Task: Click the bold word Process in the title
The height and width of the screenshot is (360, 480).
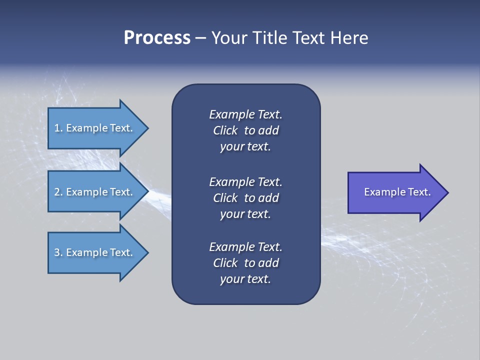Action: tap(157, 38)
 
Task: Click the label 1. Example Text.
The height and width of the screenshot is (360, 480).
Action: tap(93, 128)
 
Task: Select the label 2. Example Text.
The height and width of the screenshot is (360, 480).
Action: tap(93, 192)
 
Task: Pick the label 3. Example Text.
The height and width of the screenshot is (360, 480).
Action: tap(93, 252)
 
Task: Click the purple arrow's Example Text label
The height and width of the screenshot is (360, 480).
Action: tap(397, 192)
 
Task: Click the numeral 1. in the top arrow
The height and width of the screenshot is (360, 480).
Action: tap(58, 128)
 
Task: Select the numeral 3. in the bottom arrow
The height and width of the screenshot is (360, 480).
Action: tap(58, 252)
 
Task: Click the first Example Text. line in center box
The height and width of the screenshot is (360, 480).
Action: tap(245, 114)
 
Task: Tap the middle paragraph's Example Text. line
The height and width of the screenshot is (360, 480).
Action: tap(245, 181)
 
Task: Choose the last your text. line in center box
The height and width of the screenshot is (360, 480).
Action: tap(245, 279)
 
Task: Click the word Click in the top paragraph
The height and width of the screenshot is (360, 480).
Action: tap(225, 130)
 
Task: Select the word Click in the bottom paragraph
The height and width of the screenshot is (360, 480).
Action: tap(225, 263)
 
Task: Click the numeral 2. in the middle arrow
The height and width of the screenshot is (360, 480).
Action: tap(58, 192)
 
